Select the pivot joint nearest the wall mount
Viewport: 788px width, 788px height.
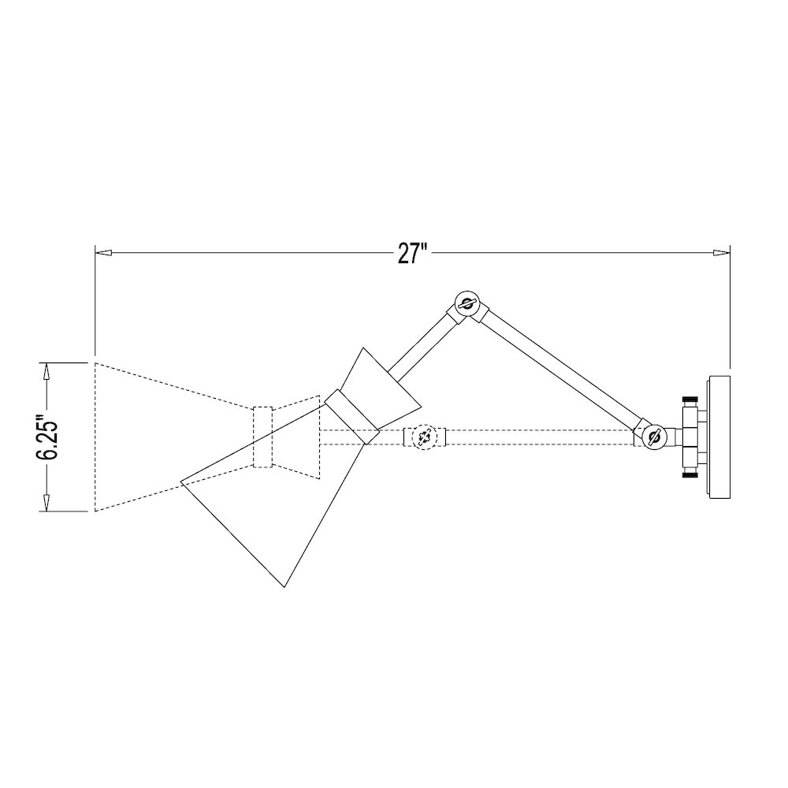[x=652, y=435]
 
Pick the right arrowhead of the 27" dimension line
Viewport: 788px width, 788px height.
[x=722, y=253]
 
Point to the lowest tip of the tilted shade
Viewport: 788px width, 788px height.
[x=283, y=586]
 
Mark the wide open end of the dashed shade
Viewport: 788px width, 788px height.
[x=95, y=437]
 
